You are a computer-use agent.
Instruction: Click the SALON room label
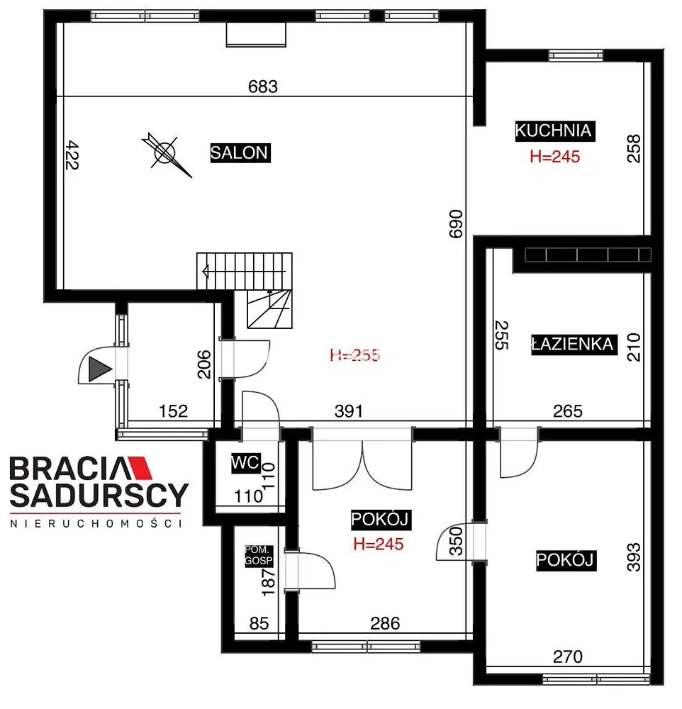point(240,153)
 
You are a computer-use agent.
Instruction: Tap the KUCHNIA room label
point(554,130)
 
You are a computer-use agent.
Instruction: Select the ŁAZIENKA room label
point(574,345)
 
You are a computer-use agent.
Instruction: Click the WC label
point(245,463)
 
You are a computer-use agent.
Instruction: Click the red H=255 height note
point(355,355)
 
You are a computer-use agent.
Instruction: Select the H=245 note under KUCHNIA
point(555,157)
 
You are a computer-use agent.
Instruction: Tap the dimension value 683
point(263,86)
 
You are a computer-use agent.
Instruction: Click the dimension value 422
point(72,155)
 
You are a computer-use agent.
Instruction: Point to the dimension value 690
point(456,224)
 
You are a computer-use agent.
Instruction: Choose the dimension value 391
point(349,411)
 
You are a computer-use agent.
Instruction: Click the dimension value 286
point(386,623)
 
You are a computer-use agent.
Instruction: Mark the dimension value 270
point(568,657)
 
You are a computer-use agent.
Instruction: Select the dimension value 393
point(634,557)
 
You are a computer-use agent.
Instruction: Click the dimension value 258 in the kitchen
point(634,148)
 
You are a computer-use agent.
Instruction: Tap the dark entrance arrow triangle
point(99,369)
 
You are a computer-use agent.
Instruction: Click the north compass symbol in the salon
point(166,154)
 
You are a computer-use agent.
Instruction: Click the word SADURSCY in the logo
point(99,495)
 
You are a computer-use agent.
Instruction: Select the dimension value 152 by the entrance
point(173,411)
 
